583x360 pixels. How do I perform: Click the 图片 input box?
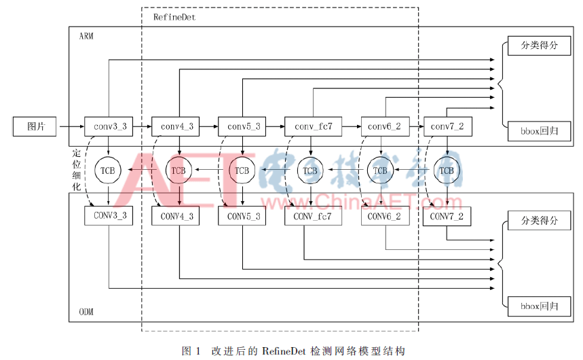[x=35, y=126]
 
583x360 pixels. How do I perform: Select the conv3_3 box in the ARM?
[x=109, y=126]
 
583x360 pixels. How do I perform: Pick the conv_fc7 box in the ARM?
[x=313, y=126]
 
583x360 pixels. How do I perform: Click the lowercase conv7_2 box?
[x=448, y=126]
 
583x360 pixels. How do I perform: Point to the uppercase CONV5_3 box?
[x=242, y=216]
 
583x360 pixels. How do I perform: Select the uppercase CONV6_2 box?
[x=385, y=216]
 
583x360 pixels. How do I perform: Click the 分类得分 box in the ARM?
[x=539, y=46]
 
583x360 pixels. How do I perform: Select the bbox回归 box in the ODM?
[x=539, y=306]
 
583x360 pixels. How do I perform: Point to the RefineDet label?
[x=174, y=17]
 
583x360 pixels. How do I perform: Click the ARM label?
[x=86, y=36]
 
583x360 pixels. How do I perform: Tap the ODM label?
[x=86, y=312]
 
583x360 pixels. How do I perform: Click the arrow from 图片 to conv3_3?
[x=72, y=126]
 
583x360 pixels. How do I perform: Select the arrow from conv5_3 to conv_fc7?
[x=276, y=126]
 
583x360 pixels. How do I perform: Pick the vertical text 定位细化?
[x=77, y=170]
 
